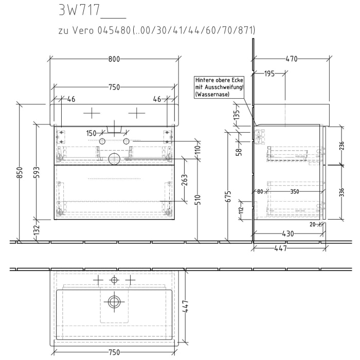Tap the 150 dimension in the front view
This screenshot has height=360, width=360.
[x=92, y=133]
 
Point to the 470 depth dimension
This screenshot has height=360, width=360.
[x=291, y=59]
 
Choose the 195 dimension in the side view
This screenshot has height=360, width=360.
[x=269, y=74]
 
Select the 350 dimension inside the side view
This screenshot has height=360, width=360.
[x=294, y=191]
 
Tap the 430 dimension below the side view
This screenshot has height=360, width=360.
[x=288, y=233]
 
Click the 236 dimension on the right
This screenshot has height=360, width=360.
[x=342, y=146]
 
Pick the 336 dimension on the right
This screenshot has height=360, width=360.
[x=342, y=192]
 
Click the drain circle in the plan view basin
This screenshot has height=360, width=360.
[x=114, y=302]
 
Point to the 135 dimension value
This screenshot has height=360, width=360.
[x=237, y=114]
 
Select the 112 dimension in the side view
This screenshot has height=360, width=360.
[x=241, y=210]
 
